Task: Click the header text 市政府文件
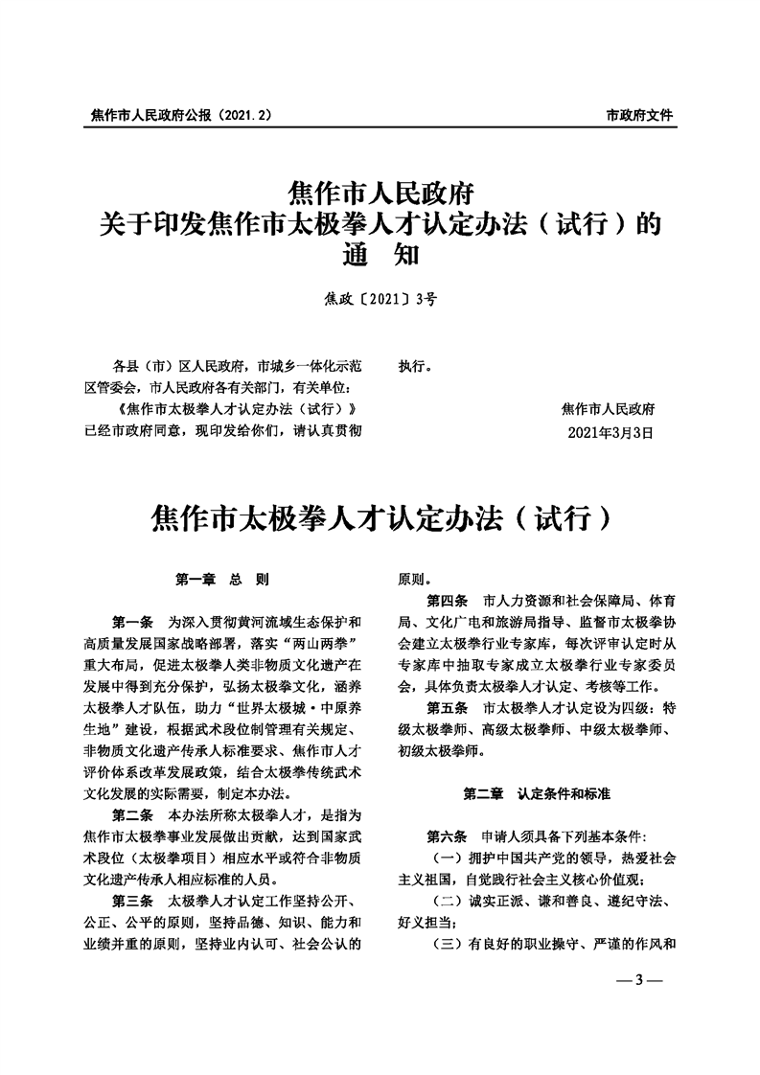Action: click(x=639, y=115)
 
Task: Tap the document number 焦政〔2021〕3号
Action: click(x=380, y=299)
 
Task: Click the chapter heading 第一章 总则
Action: click(x=221, y=580)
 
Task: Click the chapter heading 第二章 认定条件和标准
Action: click(x=537, y=794)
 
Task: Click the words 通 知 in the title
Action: click(x=380, y=256)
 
